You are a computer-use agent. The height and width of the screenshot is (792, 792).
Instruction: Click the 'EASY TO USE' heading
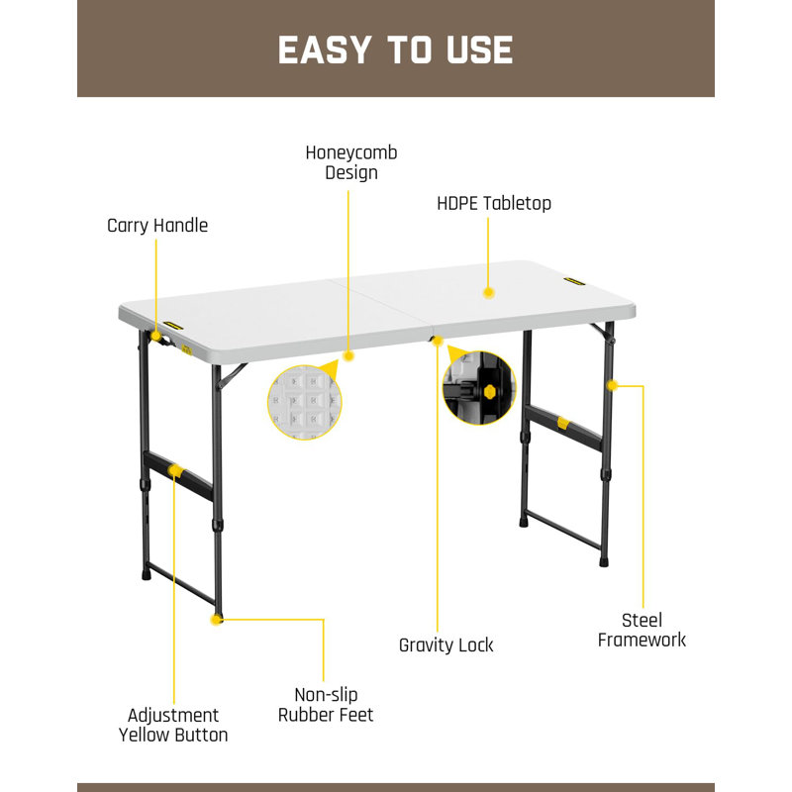pos(395,50)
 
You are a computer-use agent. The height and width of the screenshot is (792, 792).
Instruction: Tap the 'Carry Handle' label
pos(157,226)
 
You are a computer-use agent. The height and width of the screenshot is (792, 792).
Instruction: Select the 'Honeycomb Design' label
pos(351,162)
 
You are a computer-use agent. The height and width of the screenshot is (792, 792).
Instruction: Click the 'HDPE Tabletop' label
pos(494,203)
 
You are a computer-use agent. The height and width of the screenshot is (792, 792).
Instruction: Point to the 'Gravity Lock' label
pos(446,645)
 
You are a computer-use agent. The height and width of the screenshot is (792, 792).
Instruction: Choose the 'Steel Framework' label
pos(642,630)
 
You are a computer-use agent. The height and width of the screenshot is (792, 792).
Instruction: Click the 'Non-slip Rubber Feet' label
pos(326,705)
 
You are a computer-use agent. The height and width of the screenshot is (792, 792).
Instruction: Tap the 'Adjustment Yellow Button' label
pos(173,725)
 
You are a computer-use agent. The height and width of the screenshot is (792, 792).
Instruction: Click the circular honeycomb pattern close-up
pos(305,403)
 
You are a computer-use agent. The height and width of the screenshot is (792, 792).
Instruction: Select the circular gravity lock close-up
pos(479,388)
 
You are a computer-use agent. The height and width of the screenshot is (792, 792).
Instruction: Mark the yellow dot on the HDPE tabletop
pos(488,292)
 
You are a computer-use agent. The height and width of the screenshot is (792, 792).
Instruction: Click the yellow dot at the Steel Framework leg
pos(612,385)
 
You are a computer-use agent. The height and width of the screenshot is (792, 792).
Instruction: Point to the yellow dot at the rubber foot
pos(217,620)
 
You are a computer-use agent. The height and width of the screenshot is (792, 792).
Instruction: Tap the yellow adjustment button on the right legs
pos(563,424)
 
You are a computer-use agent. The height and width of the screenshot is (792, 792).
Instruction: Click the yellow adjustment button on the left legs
pos(176,471)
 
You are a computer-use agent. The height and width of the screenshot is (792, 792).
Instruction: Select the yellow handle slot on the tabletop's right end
pos(574,281)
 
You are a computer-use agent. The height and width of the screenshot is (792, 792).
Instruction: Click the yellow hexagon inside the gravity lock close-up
pos(489,391)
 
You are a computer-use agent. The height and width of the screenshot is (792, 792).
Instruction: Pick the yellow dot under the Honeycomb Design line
pos(348,356)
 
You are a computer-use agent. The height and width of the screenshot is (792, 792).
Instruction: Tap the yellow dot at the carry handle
pos(156,337)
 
